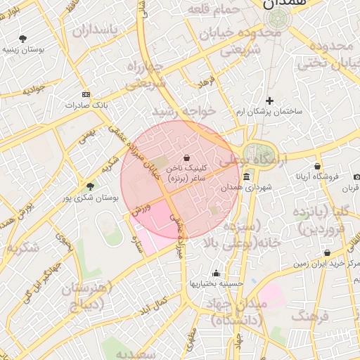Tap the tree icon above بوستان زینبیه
24,39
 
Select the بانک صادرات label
85,105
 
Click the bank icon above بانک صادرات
86,94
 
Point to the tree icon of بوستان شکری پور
89,186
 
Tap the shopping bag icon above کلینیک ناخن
186,157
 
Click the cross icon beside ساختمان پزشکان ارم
269,101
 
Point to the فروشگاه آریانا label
317,176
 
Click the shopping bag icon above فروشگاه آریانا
318,166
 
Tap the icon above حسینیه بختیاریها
216,274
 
